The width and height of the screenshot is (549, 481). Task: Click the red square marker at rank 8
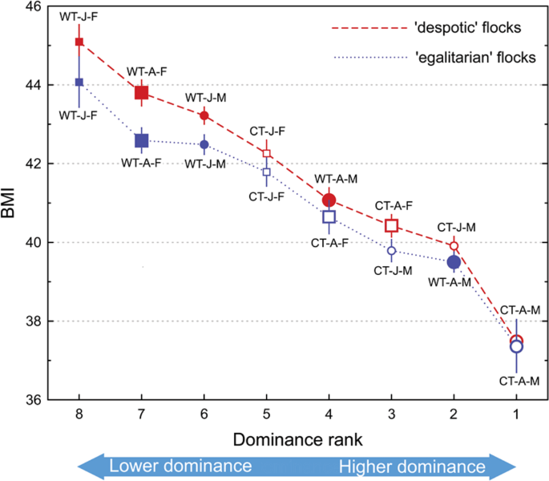79,42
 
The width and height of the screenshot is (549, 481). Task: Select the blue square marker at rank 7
142,141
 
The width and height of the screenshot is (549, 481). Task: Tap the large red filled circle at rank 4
329,200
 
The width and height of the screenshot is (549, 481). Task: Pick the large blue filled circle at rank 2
454,261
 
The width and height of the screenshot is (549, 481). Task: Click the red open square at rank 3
391,225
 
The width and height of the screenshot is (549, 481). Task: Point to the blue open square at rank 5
267,172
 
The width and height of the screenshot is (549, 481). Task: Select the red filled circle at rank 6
204,116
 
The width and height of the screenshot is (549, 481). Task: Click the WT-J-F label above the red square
80,16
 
